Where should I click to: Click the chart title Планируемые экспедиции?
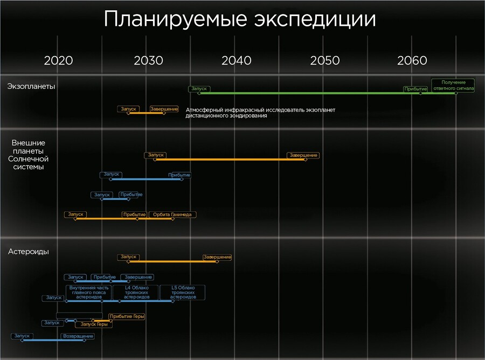(239, 19)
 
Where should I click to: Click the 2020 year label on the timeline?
(58, 60)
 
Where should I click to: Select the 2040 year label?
(236, 60)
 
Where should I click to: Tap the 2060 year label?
(412, 60)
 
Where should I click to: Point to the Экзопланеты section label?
(31, 86)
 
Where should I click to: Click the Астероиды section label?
(29, 252)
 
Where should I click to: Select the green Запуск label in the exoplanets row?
(199, 89)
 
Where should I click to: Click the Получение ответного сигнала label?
(453, 85)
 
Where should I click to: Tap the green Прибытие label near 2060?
(415, 89)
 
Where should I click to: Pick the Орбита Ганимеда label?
(172, 214)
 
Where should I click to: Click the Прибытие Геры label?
(127, 316)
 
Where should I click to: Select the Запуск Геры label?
(94, 324)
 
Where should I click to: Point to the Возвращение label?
(78, 336)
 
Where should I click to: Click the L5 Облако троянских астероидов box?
(182, 292)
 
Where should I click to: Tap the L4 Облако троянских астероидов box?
(136, 292)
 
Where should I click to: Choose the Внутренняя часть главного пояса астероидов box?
(89, 292)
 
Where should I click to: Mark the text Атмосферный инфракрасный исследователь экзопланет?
(260, 110)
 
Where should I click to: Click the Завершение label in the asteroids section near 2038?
(217, 257)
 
